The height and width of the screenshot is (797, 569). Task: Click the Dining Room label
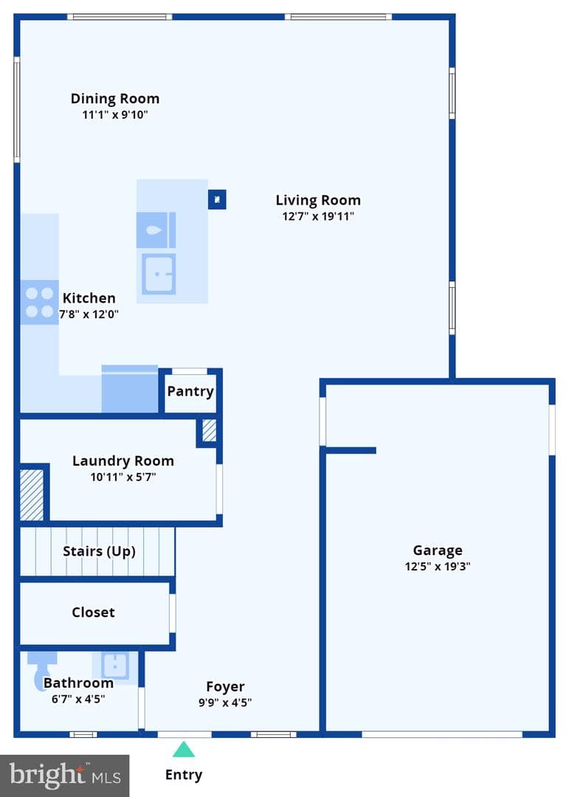(115, 98)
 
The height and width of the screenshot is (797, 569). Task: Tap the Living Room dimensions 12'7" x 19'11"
(318, 216)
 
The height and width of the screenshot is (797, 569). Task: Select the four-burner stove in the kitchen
(39, 302)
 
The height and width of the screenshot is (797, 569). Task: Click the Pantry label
(190, 391)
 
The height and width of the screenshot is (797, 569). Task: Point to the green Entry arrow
(184, 749)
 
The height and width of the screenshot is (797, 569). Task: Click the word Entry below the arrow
(184, 775)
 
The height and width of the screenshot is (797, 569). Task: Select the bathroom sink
(115, 665)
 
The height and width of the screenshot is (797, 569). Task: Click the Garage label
(438, 550)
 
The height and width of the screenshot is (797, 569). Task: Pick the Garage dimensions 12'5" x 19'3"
(438, 566)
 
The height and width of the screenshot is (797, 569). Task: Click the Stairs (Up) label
(99, 551)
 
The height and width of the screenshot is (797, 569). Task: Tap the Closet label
(93, 612)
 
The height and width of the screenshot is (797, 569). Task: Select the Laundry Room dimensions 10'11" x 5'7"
(123, 477)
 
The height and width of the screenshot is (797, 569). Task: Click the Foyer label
(225, 687)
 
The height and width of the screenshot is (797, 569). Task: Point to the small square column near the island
(217, 200)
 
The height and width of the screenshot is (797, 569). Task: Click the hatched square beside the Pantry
(210, 430)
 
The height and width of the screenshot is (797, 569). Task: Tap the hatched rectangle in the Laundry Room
(32, 494)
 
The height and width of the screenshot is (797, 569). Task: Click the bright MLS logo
(65, 776)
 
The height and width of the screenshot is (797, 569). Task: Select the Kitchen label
(89, 298)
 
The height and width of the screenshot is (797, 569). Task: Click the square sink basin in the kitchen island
(159, 274)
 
